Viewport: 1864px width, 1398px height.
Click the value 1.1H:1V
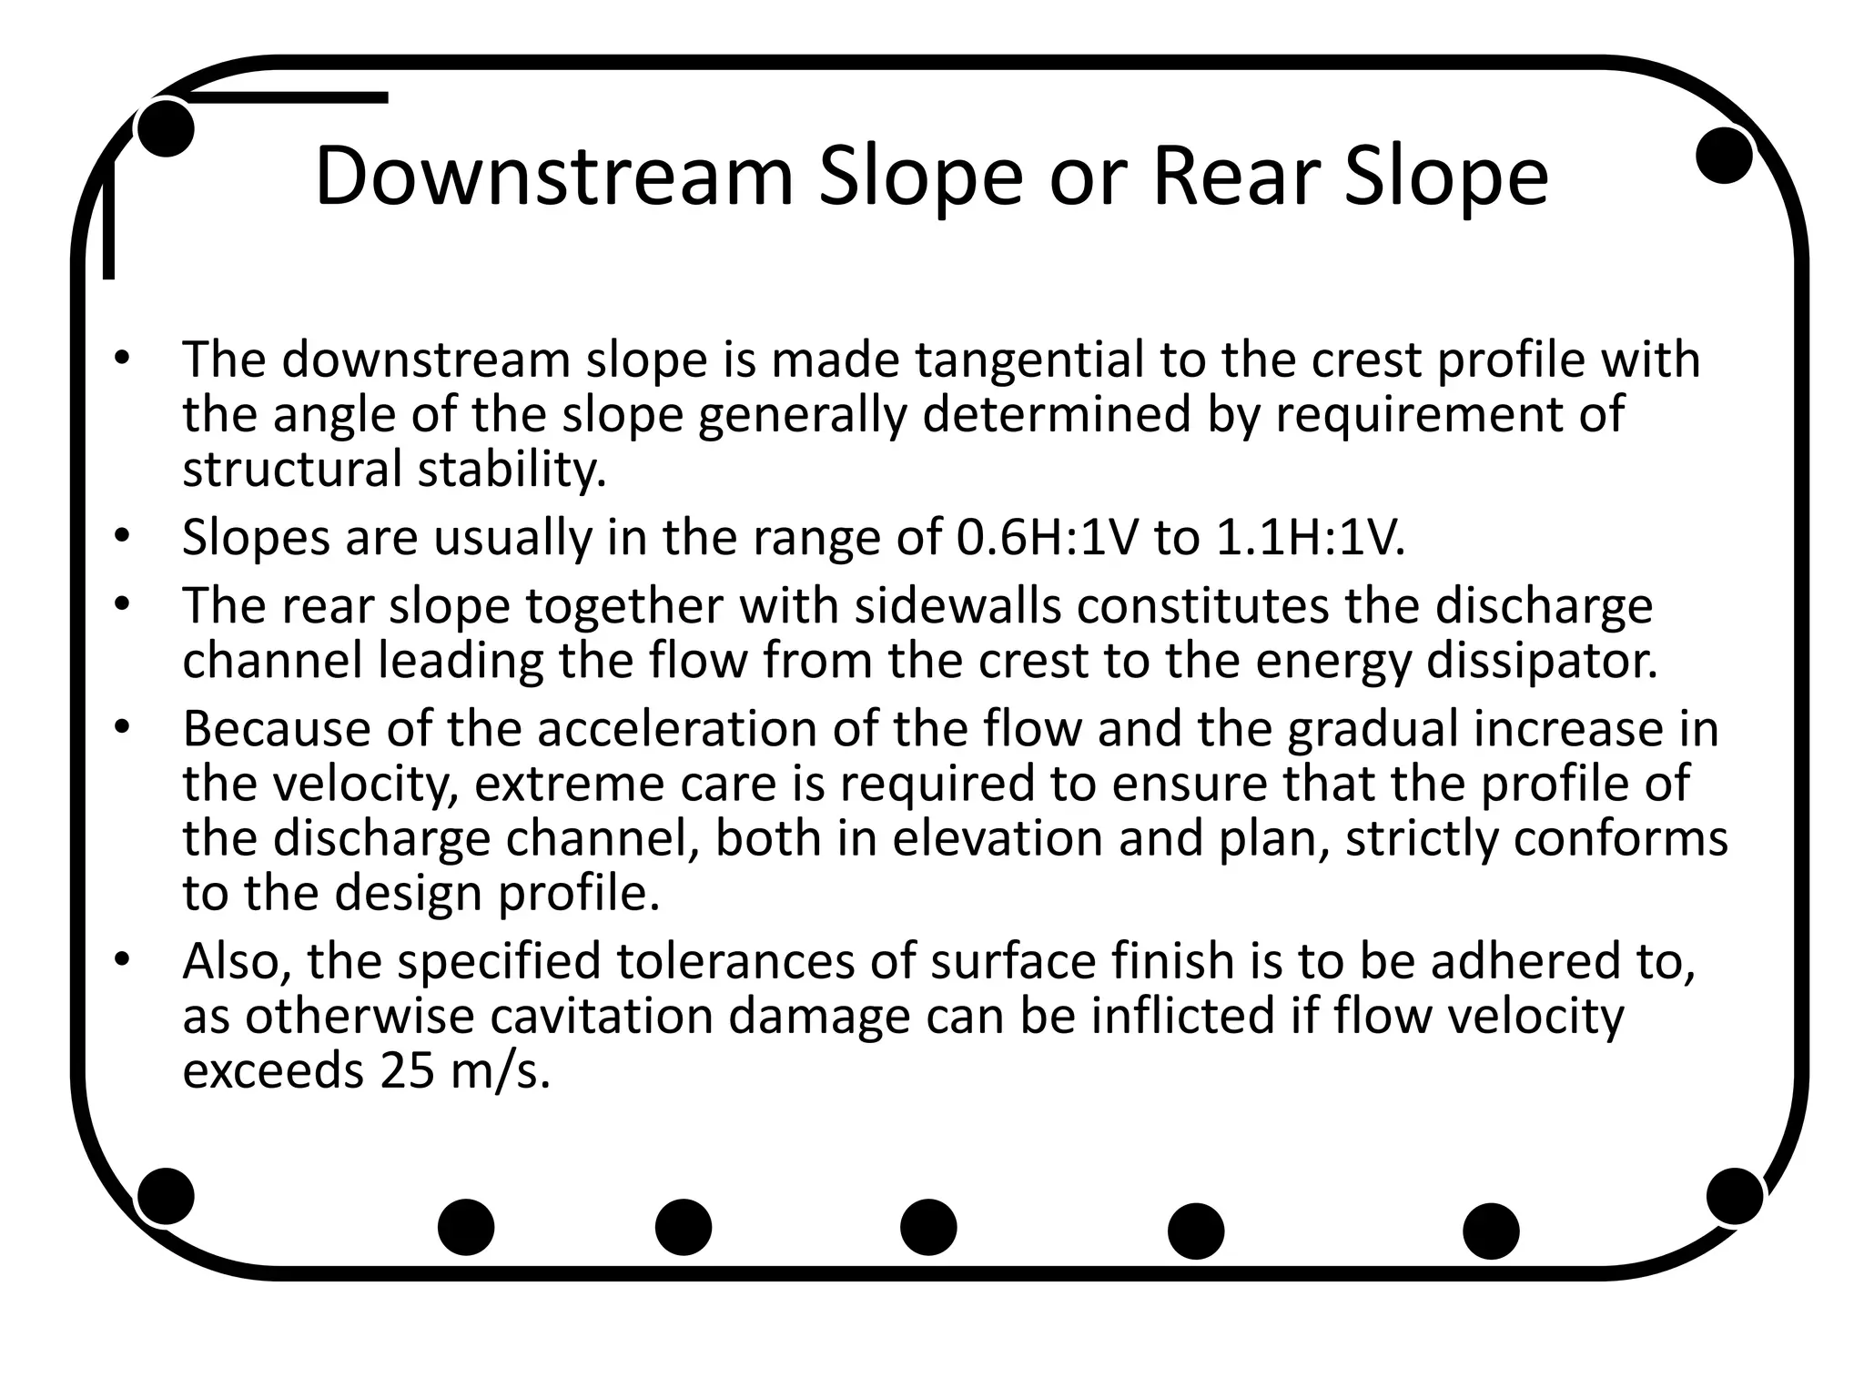tap(1310, 538)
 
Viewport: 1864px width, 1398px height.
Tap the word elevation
tap(997, 838)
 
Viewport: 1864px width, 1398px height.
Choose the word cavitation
tap(602, 1016)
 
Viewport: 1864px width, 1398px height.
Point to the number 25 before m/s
tap(408, 1070)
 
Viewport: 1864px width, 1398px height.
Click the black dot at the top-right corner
tap(1724, 155)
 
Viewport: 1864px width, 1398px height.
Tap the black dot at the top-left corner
tap(166, 128)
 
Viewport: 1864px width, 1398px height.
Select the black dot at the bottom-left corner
tap(166, 1196)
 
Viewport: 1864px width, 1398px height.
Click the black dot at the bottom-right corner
tap(1735, 1196)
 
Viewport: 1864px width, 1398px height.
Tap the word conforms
tap(1620, 838)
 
